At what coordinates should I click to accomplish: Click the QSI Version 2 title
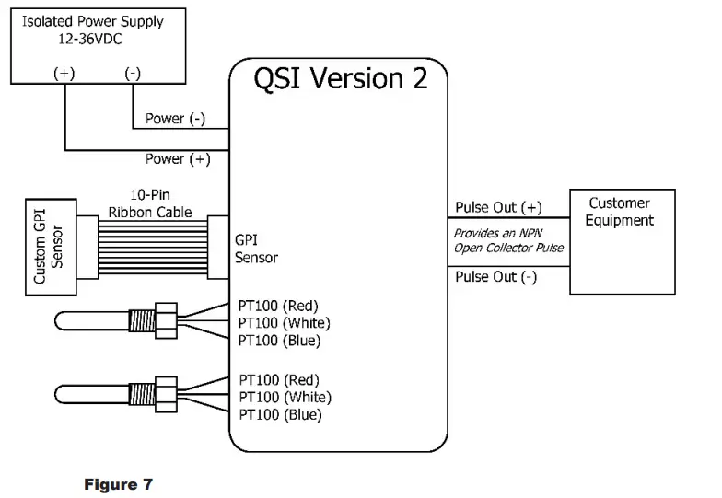click(341, 78)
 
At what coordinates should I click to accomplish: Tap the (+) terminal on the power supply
click(64, 74)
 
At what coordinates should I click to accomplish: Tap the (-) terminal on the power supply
click(133, 74)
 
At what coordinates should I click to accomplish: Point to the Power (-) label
click(177, 119)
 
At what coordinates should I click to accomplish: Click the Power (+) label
click(178, 159)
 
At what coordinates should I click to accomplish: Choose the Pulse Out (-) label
click(496, 277)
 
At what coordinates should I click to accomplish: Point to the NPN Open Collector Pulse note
click(508, 241)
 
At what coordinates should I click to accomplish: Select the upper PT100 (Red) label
click(278, 305)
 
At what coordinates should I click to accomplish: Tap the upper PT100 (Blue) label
click(279, 341)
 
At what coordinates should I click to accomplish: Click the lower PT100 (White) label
click(284, 397)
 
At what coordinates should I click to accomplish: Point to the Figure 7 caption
click(119, 483)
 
